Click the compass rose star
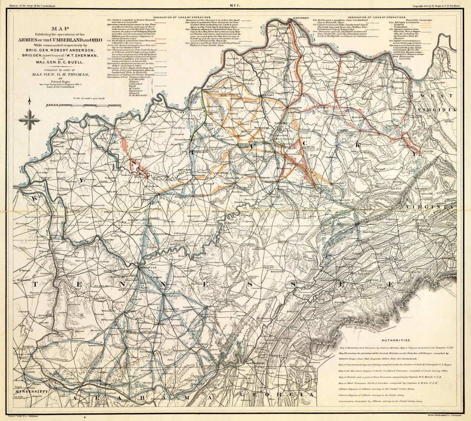click(29, 120)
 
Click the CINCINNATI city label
click(289, 18)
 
